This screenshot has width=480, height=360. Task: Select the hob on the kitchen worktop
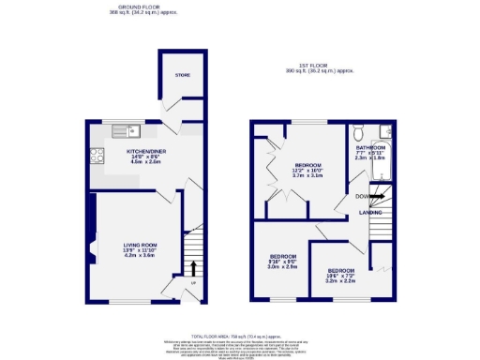point(95,155)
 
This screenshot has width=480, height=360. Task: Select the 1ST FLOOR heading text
point(322,65)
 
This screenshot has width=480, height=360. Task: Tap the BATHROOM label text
point(370,147)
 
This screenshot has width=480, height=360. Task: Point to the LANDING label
point(372,214)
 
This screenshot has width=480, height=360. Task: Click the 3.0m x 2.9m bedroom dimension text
point(282,267)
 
